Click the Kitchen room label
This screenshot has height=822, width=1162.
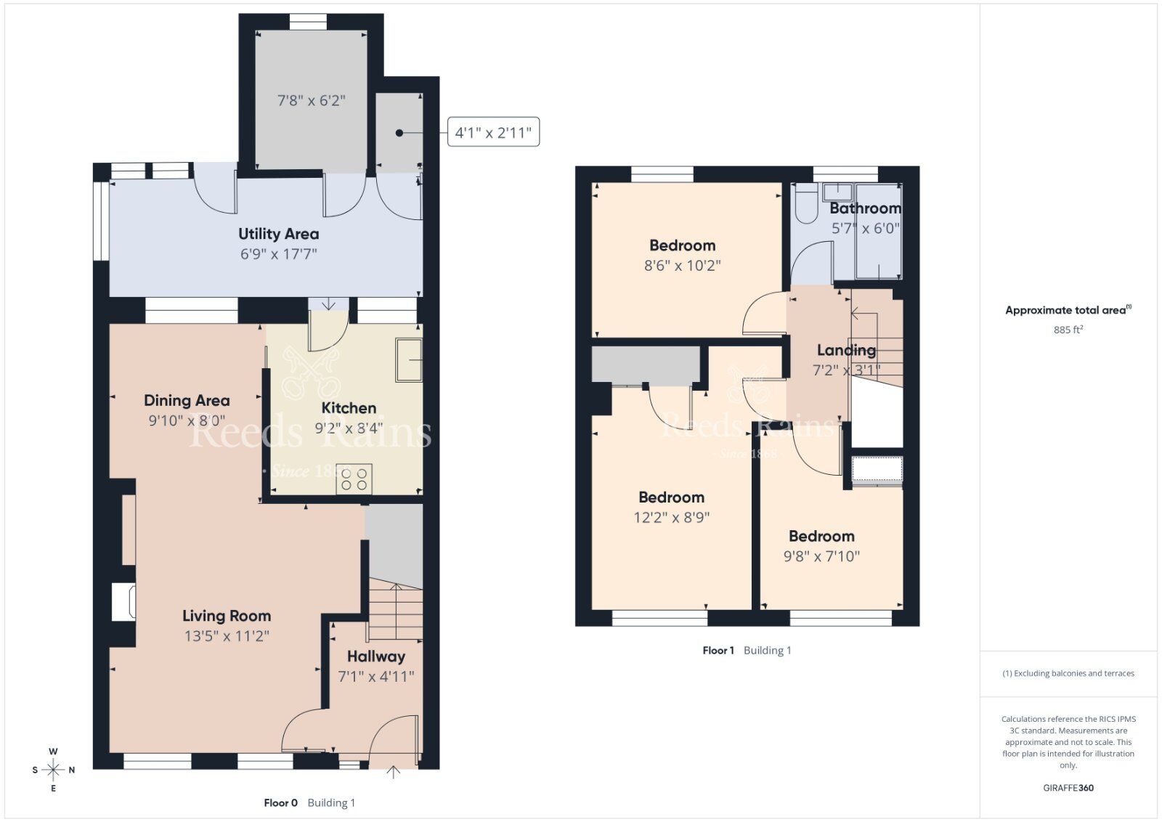tap(349, 408)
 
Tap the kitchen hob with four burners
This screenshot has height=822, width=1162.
tap(354, 479)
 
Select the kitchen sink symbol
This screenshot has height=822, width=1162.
tap(409, 359)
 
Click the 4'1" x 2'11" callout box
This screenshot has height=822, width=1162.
tap(493, 132)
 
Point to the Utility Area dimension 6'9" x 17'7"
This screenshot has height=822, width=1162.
tap(279, 254)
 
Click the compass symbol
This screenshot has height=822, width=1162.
tap(53, 770)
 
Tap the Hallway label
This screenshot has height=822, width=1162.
tap(375, 656)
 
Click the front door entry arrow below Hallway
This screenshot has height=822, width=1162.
tap(393, 772)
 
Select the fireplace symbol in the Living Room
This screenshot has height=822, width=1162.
tap(123, 602)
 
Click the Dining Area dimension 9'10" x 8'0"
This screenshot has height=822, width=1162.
tap(187, 420)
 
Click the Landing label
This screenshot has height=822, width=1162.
tap(846, 350)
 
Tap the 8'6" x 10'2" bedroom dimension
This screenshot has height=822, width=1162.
tap(682, 266)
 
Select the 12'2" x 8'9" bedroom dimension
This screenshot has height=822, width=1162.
tap(671, 518)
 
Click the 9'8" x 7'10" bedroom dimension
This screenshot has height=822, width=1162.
tap(821, 556)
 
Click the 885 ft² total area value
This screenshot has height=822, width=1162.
tap(1068, 330)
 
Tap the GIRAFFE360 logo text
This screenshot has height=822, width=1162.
tap(1068, 788)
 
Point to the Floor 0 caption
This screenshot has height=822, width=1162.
tap(281, 803)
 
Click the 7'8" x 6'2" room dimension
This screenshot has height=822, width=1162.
tap(311, 100)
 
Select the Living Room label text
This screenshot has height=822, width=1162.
tap(227, 616)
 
